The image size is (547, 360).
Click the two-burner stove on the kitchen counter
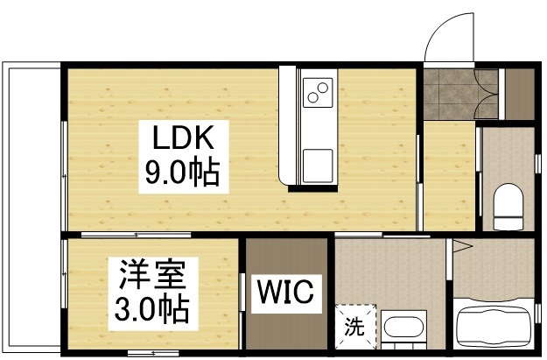(316, 89)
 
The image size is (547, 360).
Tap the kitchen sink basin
(316, 164)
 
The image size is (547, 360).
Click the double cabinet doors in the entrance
(487, 92)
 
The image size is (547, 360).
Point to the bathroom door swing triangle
(456, 248)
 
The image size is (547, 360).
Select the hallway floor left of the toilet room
(448, 175)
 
